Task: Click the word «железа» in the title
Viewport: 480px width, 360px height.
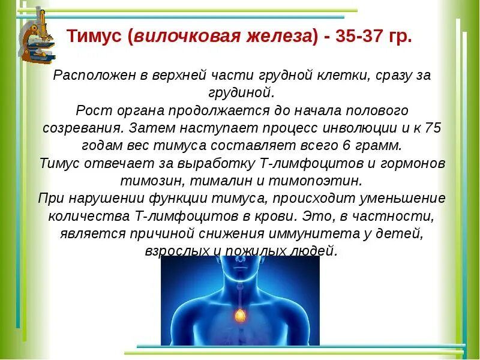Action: (271, 37)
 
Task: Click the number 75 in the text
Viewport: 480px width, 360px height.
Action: (431, 128)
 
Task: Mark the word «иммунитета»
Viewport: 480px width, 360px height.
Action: (341, 233)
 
